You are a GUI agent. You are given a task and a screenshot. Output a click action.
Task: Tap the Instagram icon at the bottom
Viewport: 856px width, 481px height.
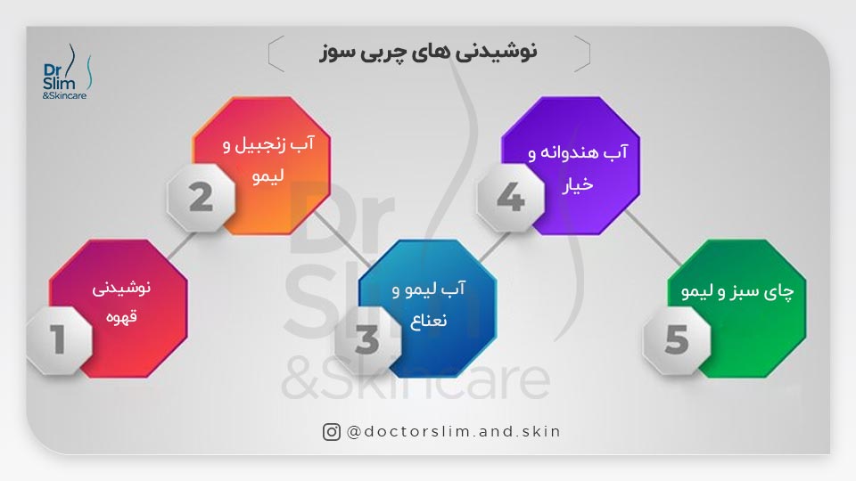[332, 432]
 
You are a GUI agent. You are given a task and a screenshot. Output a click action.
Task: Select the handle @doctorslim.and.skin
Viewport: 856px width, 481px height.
[453, 432]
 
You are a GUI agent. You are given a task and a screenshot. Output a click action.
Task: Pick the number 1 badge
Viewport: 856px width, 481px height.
[59, 339]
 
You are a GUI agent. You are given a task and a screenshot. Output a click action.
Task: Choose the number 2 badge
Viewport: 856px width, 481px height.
[201, 196]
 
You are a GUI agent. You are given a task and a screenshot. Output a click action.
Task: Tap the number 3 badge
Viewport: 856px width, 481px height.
[367, 339]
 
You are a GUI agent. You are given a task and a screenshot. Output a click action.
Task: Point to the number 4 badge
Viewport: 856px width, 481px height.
[510, 196]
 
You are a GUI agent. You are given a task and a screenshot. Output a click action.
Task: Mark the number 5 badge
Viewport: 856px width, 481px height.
[677, 339]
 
